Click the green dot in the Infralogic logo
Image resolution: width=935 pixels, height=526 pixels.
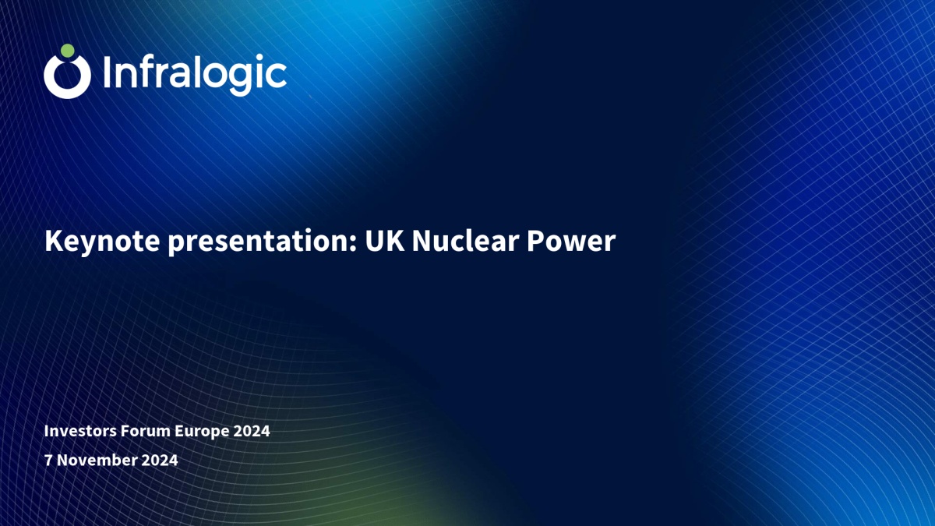[x=68, y=51]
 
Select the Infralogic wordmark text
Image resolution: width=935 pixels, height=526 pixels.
[x=195, y=74]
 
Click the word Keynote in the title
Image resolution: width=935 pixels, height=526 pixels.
[x=102, y=242]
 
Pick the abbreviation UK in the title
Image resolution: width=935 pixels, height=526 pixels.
[x=385, y=241]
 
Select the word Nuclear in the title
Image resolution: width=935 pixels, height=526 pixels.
[x=465, y=241]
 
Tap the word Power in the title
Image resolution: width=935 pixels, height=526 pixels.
[x=571, y=241]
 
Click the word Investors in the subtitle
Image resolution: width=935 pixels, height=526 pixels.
[x=80, y=431]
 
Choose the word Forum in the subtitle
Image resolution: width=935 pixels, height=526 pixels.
[x=145, y=431]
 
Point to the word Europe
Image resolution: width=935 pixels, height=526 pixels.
[x=202, y=432]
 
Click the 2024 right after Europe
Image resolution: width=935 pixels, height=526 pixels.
[x=252, y=431]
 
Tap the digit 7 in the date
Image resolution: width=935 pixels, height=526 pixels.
[x=48, y=460]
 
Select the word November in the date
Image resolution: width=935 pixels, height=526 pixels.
[x=97, y=460]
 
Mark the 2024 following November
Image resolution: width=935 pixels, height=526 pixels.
[x=160, y=460]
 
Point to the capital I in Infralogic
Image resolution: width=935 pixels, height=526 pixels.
[x=107, y=72]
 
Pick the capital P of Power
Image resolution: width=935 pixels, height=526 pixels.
[x=536, y=241]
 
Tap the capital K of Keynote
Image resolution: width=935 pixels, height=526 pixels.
[x=55, y=241]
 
